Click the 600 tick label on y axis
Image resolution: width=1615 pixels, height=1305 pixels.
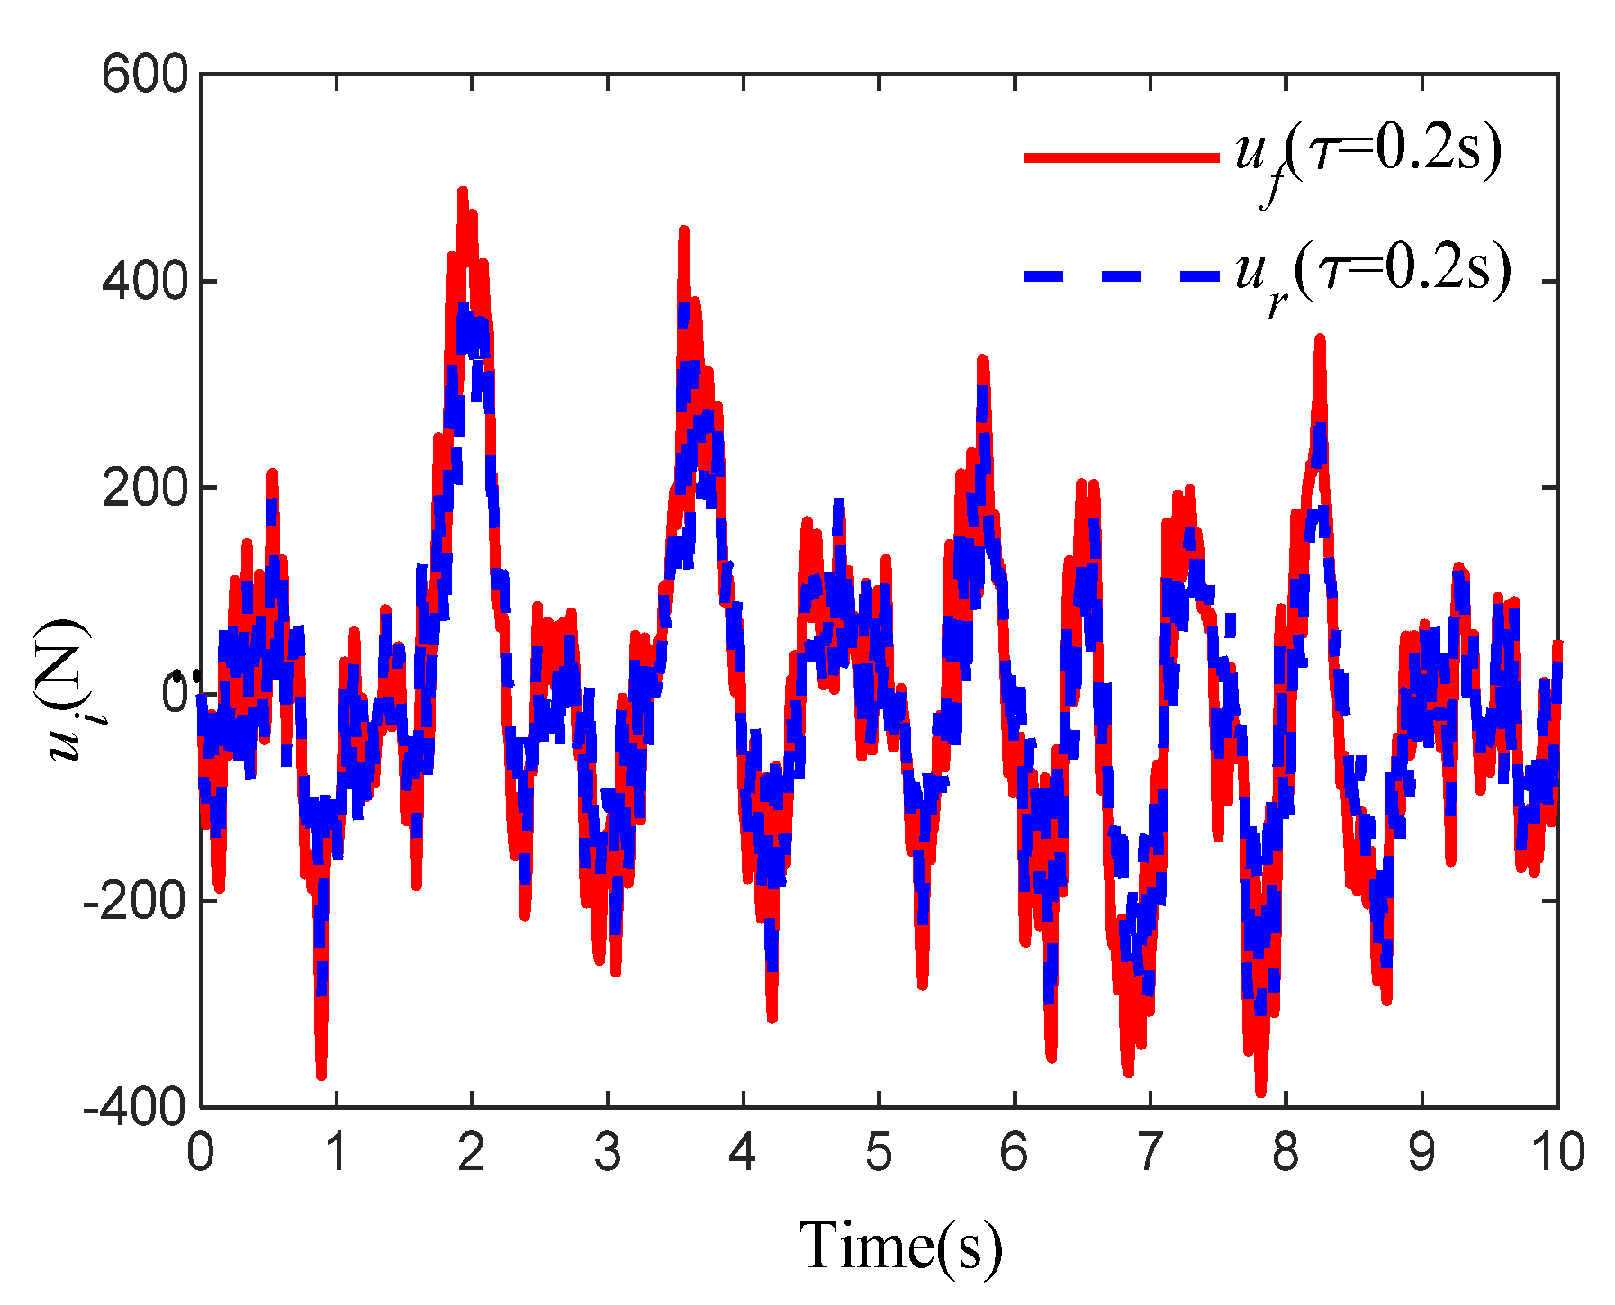(x=144, y=74)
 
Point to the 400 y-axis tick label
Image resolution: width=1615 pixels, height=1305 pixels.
(x=144, y=281)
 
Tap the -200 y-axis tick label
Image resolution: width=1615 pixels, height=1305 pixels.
(x=135, y=900)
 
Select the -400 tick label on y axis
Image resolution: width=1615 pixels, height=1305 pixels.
(x=135, y=1106)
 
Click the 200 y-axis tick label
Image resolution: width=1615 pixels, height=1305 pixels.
(x=144, y=488)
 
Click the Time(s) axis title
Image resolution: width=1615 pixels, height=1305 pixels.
(x=900, y=1246)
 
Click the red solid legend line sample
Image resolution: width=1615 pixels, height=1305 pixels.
(x=1121, y=157)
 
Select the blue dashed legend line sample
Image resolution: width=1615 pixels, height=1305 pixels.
(x=1121, y=274)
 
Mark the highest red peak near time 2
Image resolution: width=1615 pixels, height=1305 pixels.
(x=463, y=192)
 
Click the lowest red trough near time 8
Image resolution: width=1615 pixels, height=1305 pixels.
(x=1260, y=1092)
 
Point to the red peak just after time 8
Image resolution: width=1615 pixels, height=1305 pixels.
(x=1320, y=339)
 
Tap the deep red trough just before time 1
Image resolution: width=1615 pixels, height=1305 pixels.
(x=321, y=1074)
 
